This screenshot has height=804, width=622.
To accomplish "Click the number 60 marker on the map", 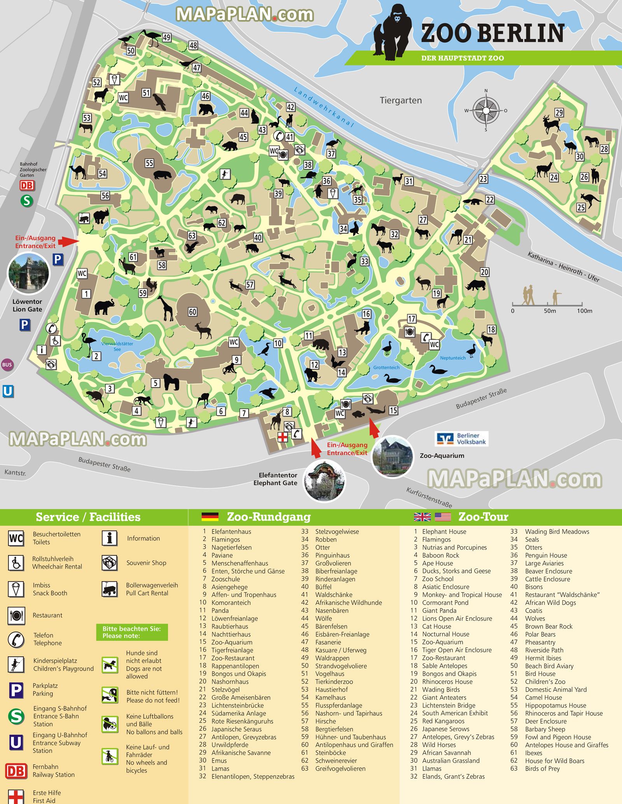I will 192,312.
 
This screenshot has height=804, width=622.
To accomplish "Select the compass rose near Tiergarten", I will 486,110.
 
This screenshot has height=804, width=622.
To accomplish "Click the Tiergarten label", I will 400,100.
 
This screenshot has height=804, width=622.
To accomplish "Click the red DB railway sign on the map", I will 27,186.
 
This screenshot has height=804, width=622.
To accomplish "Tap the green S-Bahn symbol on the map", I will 27,201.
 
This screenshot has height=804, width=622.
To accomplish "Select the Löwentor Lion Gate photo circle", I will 29,273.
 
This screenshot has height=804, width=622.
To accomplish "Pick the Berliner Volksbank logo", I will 461,439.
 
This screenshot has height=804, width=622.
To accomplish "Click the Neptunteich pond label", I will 453,358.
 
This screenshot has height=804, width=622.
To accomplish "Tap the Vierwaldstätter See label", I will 117,346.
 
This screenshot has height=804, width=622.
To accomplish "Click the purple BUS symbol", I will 7,364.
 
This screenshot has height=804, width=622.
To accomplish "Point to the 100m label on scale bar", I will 584,311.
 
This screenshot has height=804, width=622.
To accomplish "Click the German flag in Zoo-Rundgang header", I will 210,517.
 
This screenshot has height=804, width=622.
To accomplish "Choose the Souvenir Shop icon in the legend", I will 110,563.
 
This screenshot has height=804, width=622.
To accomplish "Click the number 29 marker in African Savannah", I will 559,112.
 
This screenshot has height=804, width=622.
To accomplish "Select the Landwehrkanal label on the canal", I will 323,107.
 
